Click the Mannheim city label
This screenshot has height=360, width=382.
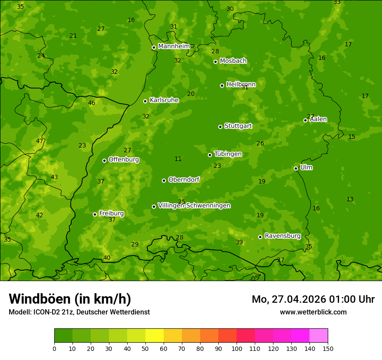coord(174,46)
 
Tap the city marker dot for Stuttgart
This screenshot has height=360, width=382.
coord(220,127)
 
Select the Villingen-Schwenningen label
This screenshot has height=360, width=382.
coord(194,206)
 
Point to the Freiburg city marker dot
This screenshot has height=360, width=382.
coord(95,214)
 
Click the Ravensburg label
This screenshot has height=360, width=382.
coord(283,236)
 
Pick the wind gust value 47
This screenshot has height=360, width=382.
coord(40,141)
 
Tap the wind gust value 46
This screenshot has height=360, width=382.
coord(92,103)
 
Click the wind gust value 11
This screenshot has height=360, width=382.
coord(178,159)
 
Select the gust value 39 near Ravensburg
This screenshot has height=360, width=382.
coord(239,242)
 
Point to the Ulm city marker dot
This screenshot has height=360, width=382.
coord(296,168)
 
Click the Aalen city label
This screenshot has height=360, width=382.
coord(318,119)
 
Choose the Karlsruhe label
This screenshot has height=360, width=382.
coord(164,100)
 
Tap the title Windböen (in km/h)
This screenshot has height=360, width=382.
coord(70,299)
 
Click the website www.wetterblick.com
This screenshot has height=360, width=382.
coord(313,312)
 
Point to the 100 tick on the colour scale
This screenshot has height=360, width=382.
coord(237,348)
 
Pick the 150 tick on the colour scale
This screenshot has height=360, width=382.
coord(327,348)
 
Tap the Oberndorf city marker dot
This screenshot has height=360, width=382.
coord(164,180)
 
